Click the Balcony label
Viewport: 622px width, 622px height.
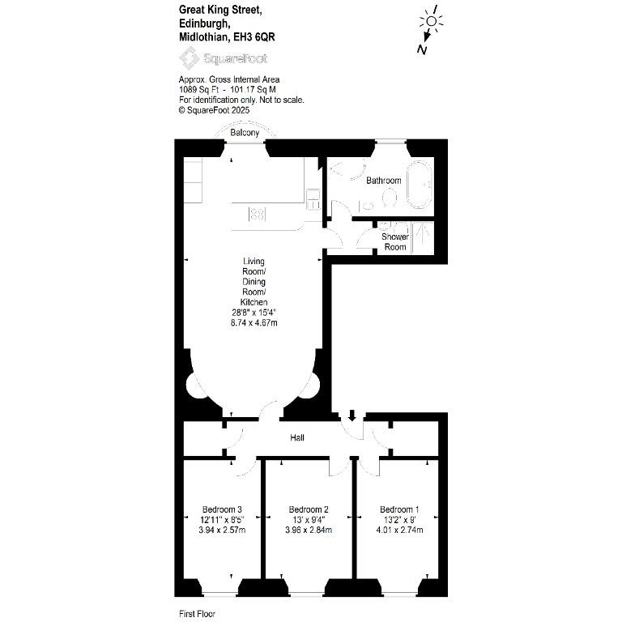click(245, 133)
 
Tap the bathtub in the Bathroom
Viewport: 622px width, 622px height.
click(420, 185)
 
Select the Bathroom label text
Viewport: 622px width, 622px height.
click(384, 181)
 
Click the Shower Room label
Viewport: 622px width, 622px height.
click(395, 241)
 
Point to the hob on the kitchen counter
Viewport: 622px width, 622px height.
click(257, 215)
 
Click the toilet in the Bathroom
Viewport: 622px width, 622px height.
click(390, 197)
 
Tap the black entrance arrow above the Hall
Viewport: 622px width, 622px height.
click(351, 415)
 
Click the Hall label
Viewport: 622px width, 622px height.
click(297, 437)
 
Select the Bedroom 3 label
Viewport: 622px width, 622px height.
click(222, 509)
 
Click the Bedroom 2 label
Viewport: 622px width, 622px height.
click(309, 509)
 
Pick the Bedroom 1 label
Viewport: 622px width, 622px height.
click(399, 509)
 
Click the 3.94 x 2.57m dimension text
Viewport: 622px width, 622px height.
click(222, 530)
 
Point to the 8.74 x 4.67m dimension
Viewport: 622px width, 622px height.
click(253, 322)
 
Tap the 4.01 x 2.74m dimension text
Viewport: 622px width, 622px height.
click(399, 530)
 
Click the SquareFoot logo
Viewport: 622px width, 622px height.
click(224, 58)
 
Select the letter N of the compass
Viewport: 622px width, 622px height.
click(422, 49)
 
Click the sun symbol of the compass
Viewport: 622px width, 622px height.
click(432, 21)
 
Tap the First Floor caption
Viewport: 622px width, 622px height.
click(197, 614)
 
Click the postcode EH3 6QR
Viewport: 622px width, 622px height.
click(253, 37)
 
